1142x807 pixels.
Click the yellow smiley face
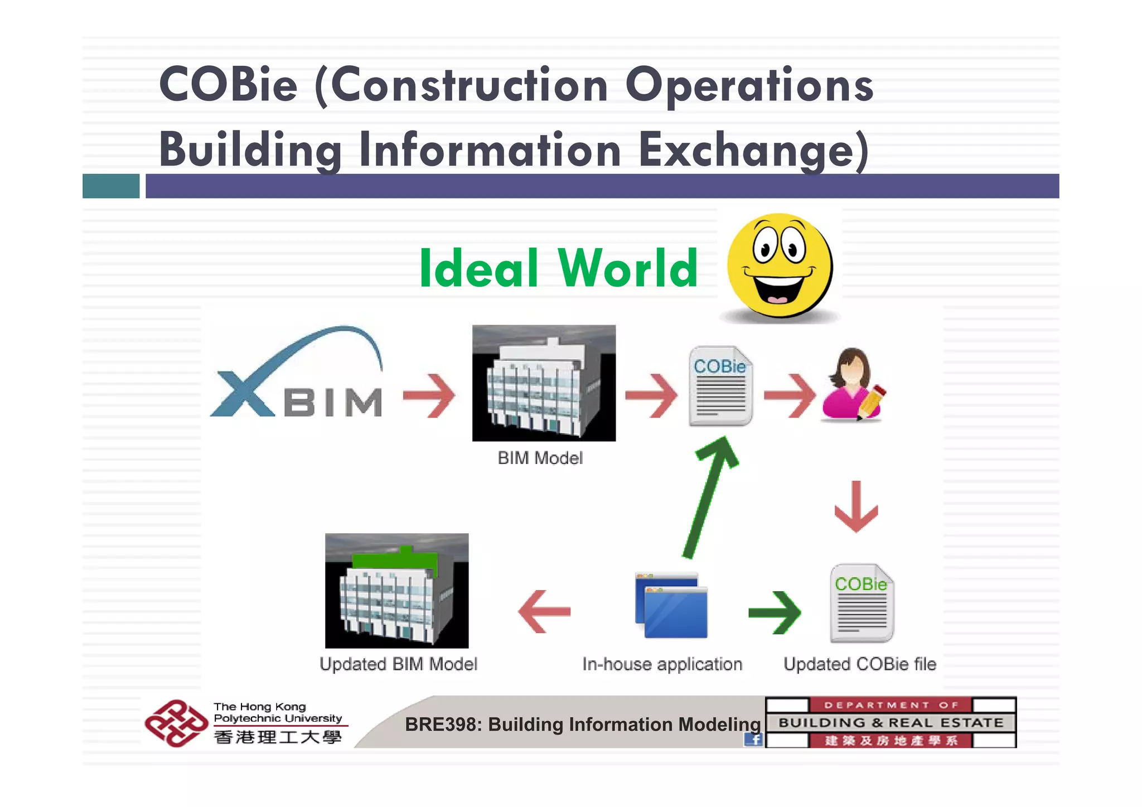[780, 266]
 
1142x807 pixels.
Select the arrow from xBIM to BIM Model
[429, 395]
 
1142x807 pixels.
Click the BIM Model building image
[544, 383]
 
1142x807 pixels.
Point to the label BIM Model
[540, 458]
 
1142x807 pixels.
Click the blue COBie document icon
[720, 386]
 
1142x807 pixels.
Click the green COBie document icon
[862, 603]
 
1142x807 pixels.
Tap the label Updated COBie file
[859, 664]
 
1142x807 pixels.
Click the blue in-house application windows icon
[671, 605]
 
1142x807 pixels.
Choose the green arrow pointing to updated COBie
[775, 612]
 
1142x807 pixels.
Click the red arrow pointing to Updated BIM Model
[544, 612]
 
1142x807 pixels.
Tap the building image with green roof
[396, 591]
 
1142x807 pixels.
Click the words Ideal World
[558, 269]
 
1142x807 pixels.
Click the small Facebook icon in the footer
[753, 740]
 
